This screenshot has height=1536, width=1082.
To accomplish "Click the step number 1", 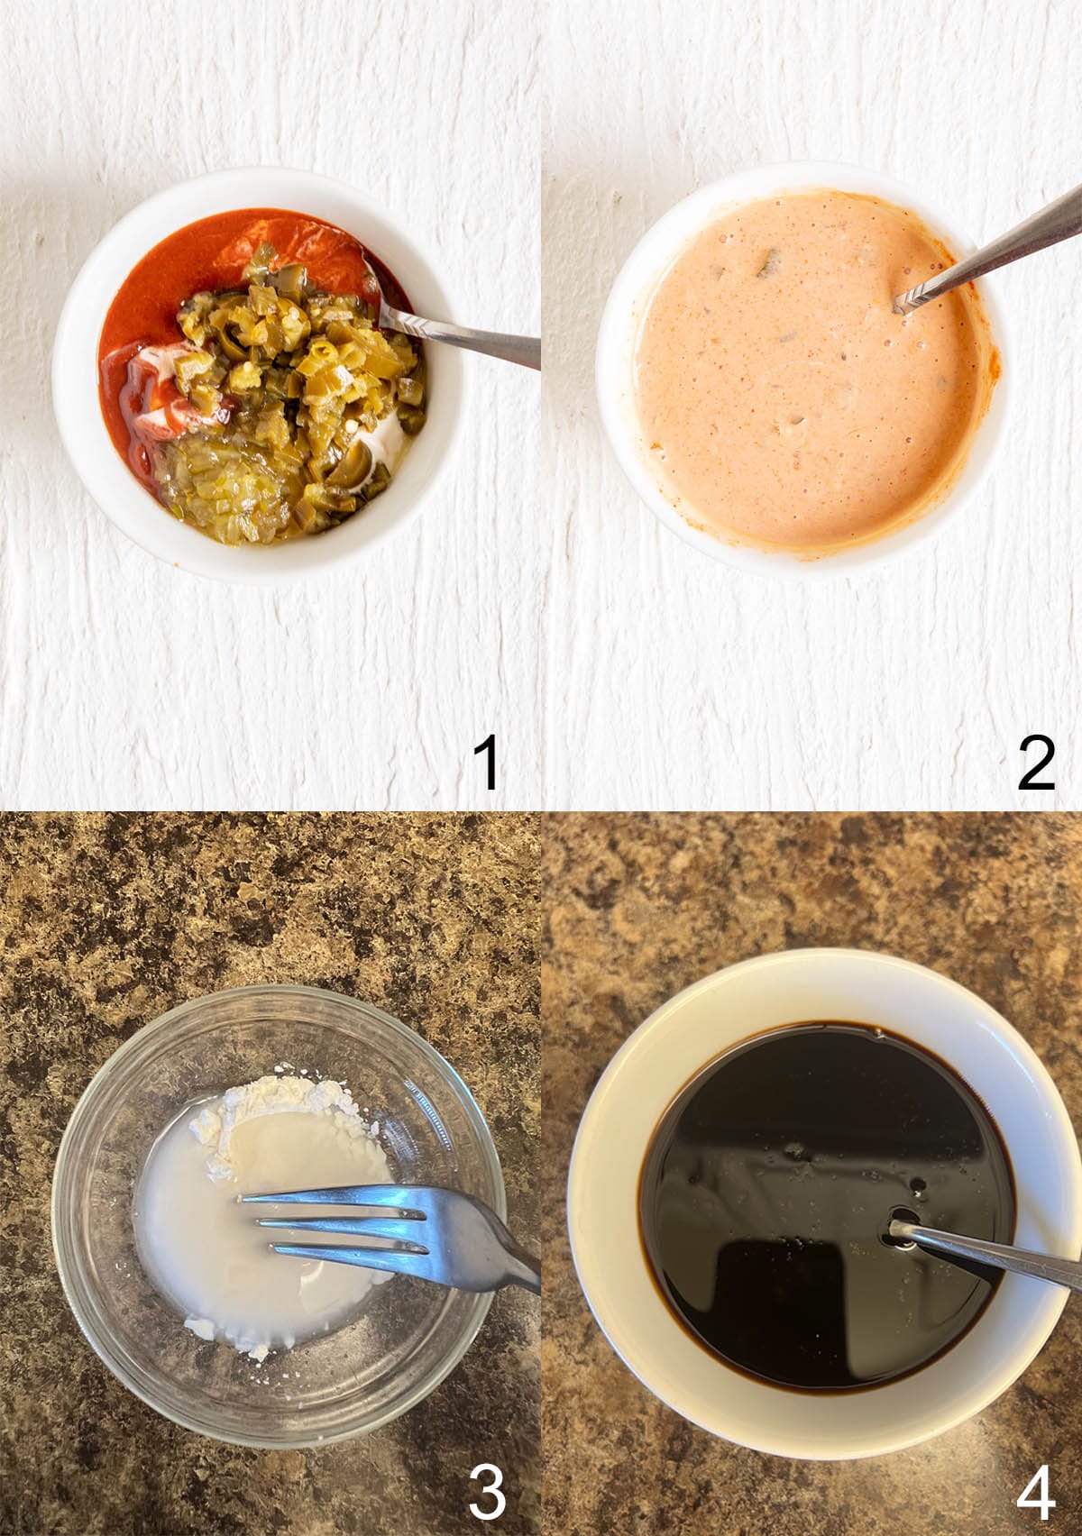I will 487,763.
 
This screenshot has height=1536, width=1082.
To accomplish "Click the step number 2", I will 1036,763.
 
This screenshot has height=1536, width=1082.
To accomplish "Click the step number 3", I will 487,1492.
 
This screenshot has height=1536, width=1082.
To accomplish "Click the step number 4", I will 1036,1492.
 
